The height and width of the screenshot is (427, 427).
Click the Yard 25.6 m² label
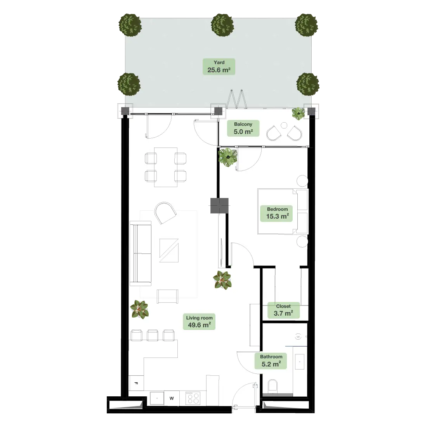pyautogui.click(x=219, y=66)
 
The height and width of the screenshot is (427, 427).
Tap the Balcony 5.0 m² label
pyautogui.click(x=243, y=128)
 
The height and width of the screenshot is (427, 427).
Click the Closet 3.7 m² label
pyautogui.click(x=283, y=310)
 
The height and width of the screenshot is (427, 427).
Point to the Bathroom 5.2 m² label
pyautogui.click(x=271, y=361)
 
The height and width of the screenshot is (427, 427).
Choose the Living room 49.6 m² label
pyautogui.click(x=199, y=322)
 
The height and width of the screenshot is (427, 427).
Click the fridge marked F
pyautogui.click(x=136, y=383)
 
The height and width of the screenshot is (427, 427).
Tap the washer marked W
pyautogui.click(x=172, y=398)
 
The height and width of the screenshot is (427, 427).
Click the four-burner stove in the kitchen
pyautogui.click(x=193, y=398)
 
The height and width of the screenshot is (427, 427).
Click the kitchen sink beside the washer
pyautogui.click(x=157, y=398)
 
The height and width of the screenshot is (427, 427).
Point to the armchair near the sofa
pyautogui.click(x=165, y=213)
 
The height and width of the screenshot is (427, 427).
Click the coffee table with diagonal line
pyautogui.click(x=169, y=250)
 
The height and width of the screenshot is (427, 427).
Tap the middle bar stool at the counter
pyautogui.click(x=153, y=335)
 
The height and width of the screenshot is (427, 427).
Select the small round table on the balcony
pyautogui.click(x=284, y=125)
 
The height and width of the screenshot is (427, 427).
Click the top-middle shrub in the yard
pyautogui.click(x=222, y=25)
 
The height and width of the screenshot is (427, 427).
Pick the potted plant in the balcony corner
pyautogui.click(x=299, y=113)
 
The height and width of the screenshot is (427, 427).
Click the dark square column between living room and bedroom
pyautogui.click(x=219, y=206)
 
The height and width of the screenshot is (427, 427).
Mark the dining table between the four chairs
pyautogui.click(x=166, y=167)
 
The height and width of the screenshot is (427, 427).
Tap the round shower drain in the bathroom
pyautogui.click(x=299, y=337)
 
